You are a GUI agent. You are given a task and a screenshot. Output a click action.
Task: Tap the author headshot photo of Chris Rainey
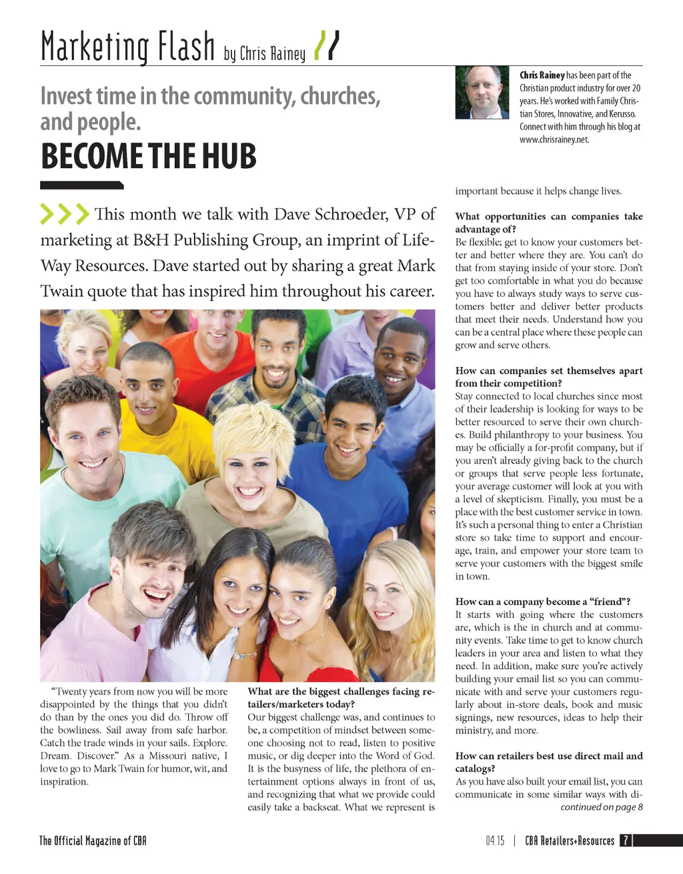coord(482,92)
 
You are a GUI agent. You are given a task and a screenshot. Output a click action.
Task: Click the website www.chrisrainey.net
coord(554,139)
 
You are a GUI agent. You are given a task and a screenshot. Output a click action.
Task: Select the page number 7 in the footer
coord(626,841)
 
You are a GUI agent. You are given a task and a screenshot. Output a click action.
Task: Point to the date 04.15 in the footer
coord(495,841)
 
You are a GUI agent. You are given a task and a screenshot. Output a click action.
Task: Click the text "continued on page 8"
coord(602,807)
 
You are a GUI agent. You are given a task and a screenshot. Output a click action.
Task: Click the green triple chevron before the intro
coord(64,213)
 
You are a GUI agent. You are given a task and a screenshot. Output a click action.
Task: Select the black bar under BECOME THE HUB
coord(81,185)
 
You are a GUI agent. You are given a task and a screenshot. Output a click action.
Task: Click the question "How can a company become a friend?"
coord(543,602)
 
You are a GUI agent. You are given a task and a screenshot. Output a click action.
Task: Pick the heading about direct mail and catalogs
coord(548,762)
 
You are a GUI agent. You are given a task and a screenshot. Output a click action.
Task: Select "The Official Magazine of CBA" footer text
coord(93,841)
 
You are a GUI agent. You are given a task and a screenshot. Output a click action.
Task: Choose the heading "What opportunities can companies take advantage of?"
coord(548,222)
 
